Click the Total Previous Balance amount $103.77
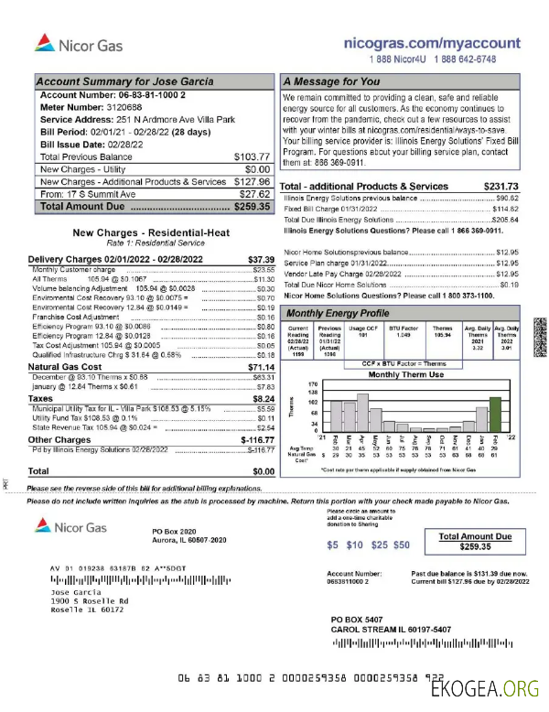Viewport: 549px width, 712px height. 253,156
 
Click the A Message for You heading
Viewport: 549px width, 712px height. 330,82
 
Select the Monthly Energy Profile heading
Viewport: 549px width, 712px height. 342,313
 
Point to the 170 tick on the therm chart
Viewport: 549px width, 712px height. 313,383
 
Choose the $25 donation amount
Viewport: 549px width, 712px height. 379,545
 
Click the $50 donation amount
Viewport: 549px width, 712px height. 401,545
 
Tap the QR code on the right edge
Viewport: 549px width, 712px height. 537,328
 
